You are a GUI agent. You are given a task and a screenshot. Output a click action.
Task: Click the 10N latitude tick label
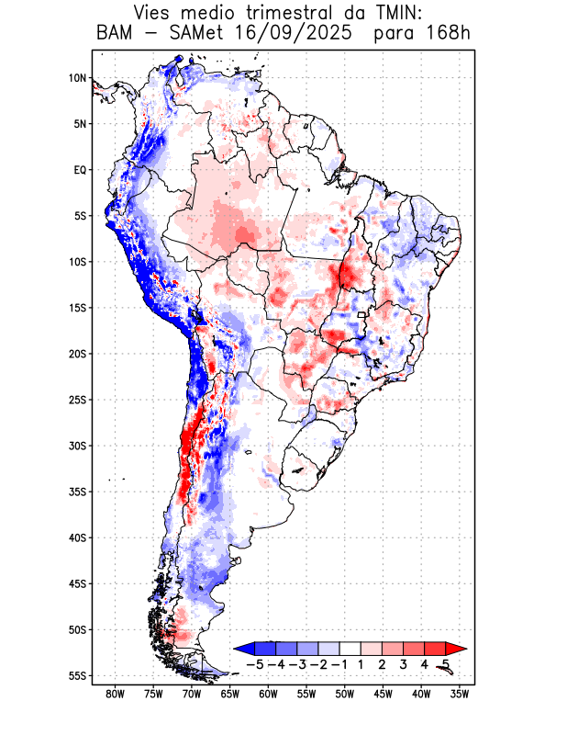77,78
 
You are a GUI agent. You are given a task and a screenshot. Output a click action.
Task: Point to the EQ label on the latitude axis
80,170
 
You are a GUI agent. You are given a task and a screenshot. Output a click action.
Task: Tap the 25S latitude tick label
77,400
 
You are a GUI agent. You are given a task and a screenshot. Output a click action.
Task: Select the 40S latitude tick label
77,537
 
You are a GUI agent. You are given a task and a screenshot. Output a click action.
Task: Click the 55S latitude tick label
77,676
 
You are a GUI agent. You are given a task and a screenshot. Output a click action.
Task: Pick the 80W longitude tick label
116,693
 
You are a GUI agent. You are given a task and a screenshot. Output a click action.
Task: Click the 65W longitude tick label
230,693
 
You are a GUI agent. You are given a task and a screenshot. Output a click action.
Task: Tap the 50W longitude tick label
345,693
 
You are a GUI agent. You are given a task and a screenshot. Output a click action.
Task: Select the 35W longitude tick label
460,693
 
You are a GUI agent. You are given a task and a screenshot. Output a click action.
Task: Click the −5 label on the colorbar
254,664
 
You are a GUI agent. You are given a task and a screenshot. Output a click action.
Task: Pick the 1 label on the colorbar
361,664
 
